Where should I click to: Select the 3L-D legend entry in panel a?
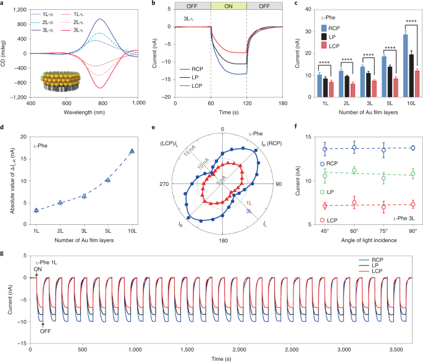pyautogui.click(x=52, y=30)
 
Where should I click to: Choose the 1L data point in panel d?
pyautogui.click(x=36, y=210)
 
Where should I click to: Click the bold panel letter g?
pyautogui.click(x=4, y=254)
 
